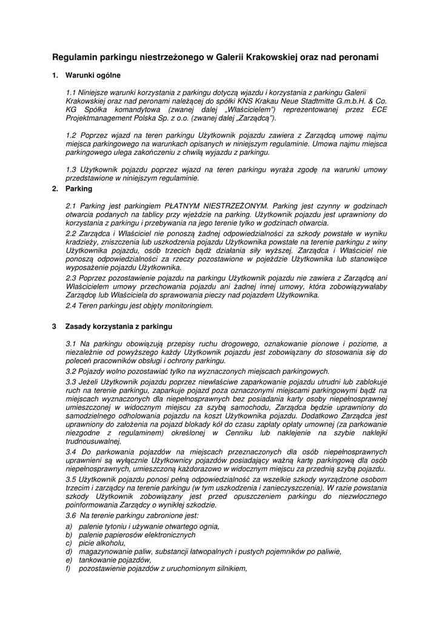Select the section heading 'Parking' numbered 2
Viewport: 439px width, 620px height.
pos(79,188)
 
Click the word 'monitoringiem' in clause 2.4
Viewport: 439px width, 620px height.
pos(188,306)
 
